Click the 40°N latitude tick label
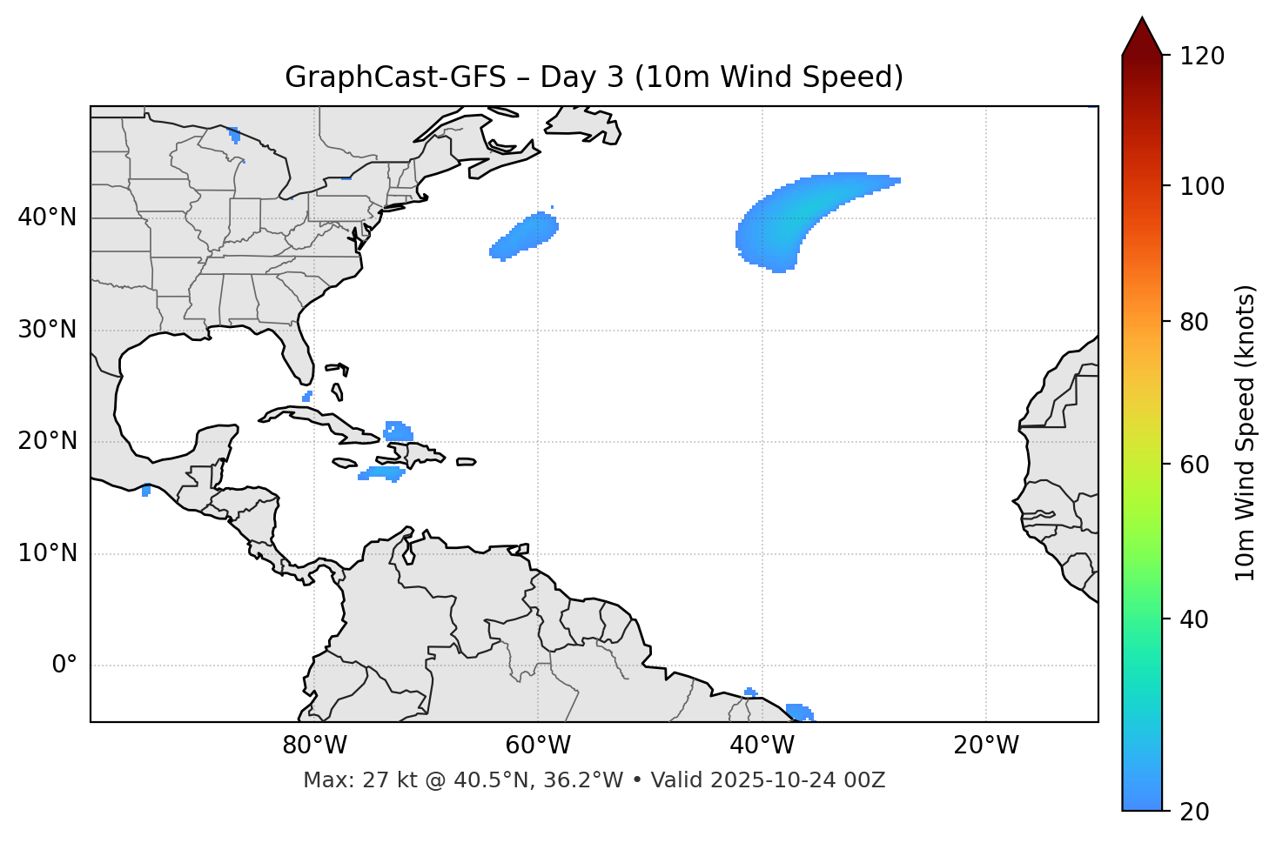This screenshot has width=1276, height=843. click(47, 217)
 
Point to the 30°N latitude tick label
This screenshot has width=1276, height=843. click(47, 330)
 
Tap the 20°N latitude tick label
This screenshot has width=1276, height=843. click(47, 441)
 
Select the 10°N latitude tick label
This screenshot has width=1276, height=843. click(47, 553)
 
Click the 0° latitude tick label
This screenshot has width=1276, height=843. click(64, 666)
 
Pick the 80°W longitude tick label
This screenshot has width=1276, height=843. click(314, 746)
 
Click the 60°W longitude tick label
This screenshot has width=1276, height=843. click(538, 746)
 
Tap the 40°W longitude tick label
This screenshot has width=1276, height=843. click(762, 746)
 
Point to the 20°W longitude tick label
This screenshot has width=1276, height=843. click(986, 746)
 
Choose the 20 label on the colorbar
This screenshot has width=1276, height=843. click(1195, 812)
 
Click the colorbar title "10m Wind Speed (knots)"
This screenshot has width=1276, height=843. click(1246, 432)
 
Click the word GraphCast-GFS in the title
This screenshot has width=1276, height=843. click(395, 77)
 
